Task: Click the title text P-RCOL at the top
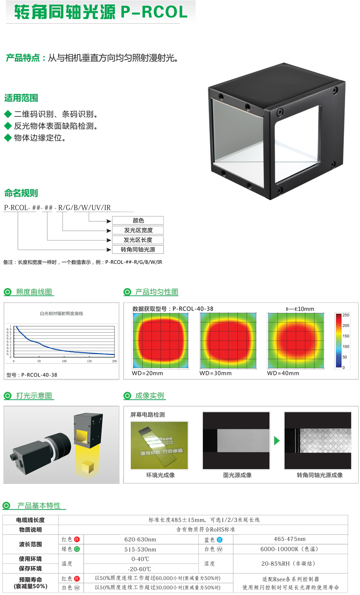(x=154, y=12)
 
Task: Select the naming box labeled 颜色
(x=138, y=220)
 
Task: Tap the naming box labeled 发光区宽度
(x=138, y=230)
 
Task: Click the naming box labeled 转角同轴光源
(x=138, y=249)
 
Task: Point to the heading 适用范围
(x=21, y=98)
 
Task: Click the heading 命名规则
(x=21, y=193)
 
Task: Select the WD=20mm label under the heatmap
(x=147, y=373)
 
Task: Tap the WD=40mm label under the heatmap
(x=283, y=373)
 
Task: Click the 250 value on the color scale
(x=346, y=315)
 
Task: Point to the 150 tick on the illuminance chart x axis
(x=89, y=361)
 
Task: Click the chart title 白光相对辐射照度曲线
(x=61, y=313)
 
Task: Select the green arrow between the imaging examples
(x=277, y=441)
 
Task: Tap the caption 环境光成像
(x=160, y=475)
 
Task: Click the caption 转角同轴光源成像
(x=320, y=475)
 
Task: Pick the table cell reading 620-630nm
(x=140, y=539)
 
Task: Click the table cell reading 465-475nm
(x=290, y=539)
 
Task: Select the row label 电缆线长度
(x=30, y=520)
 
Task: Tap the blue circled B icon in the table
(x=220, y=540)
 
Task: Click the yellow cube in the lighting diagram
(x=88, y=465)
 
